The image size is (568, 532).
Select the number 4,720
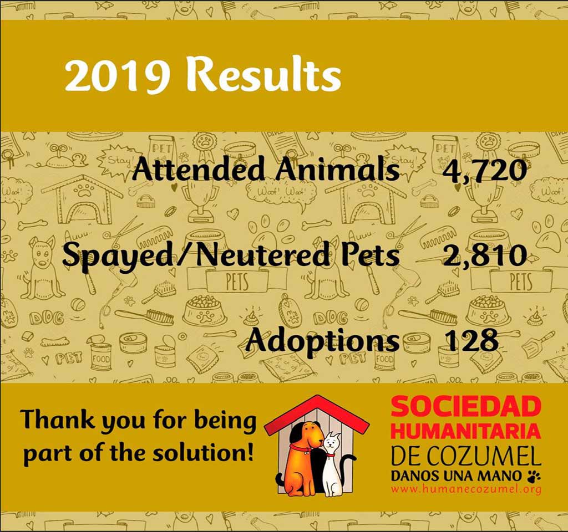pos(484,170)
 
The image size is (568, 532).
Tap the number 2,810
pos(485,255)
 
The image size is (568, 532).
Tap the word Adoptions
pos(322,340)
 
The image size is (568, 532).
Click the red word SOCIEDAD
pos(465,407)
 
